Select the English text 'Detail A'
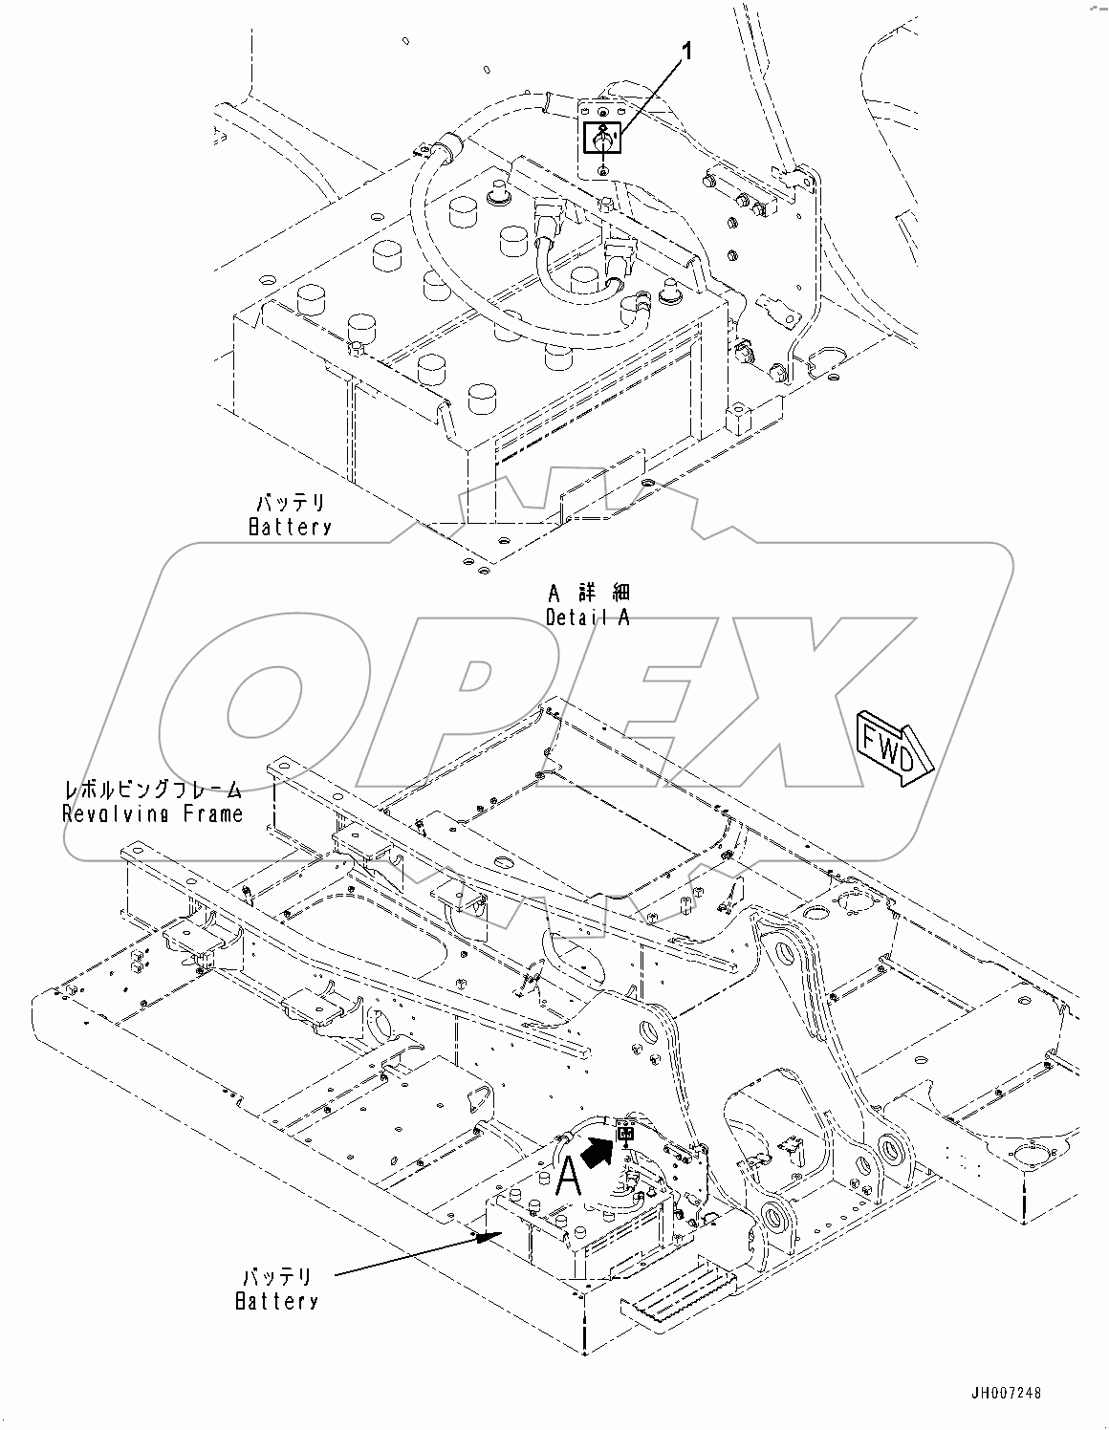click(588, 617)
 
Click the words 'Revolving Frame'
click(153, 813)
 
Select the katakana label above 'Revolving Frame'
click(153, 791)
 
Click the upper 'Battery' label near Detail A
click(290, 526)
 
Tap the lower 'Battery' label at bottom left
click(276, 1300)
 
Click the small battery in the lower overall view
click(574, 1228)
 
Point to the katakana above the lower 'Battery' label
click(276, 1277)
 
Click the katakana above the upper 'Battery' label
click(290, 503)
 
